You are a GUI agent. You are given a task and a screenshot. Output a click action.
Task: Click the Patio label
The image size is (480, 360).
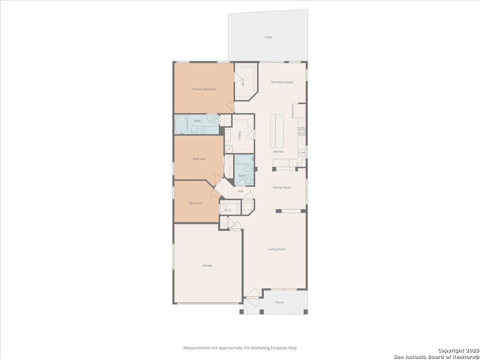pyautogui.click(x=268, y=37)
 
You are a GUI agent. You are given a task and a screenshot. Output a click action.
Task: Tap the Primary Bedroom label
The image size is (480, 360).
pyautogui.click(x=204, y=89)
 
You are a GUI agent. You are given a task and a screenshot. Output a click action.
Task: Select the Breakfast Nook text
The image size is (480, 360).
pyautogui.click(x=282, y=82)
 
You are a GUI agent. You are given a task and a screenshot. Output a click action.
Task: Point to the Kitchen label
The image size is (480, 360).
pyautogui.click(x=278, y=152)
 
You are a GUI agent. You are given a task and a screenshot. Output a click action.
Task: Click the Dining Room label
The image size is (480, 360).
pyautogui.click(x=282, y=188)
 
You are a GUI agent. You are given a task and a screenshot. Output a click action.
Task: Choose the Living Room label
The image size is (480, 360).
pyautogui.click(x=277, y=249)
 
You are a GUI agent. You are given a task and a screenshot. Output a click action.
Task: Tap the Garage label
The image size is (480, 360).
pyautogui.click(x=207, y=266)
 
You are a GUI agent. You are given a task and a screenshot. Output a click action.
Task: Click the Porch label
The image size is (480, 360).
pyautogui.click(x=279, y=302)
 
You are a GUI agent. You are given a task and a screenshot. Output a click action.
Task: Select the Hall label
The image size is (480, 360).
pyautogui.click(x=240, y=191)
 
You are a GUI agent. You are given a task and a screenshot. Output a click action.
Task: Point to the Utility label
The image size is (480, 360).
pyautogui.click(x=240, y=135)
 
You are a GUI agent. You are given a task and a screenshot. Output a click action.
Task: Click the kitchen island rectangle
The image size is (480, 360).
pyautogui.click(x=277, y=131)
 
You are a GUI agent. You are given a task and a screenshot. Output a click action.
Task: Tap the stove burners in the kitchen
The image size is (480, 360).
pyautogui.click(x=302, y=131)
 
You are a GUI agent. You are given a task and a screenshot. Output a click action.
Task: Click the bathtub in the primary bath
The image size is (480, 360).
pyautogui.click(x=181, y=124)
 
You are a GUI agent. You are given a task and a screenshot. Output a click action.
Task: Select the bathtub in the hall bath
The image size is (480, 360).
pyautogui.click(x=244, y=160)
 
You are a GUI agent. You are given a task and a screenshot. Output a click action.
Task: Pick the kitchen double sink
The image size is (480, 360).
pyautogui.click(x=301, y=152)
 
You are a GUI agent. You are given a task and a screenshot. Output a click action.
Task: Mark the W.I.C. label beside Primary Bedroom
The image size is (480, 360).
pyautogui.click(x=243, y=82)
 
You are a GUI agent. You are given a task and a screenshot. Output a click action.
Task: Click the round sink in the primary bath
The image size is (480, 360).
pyautogui.click(x=203, y=131)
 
